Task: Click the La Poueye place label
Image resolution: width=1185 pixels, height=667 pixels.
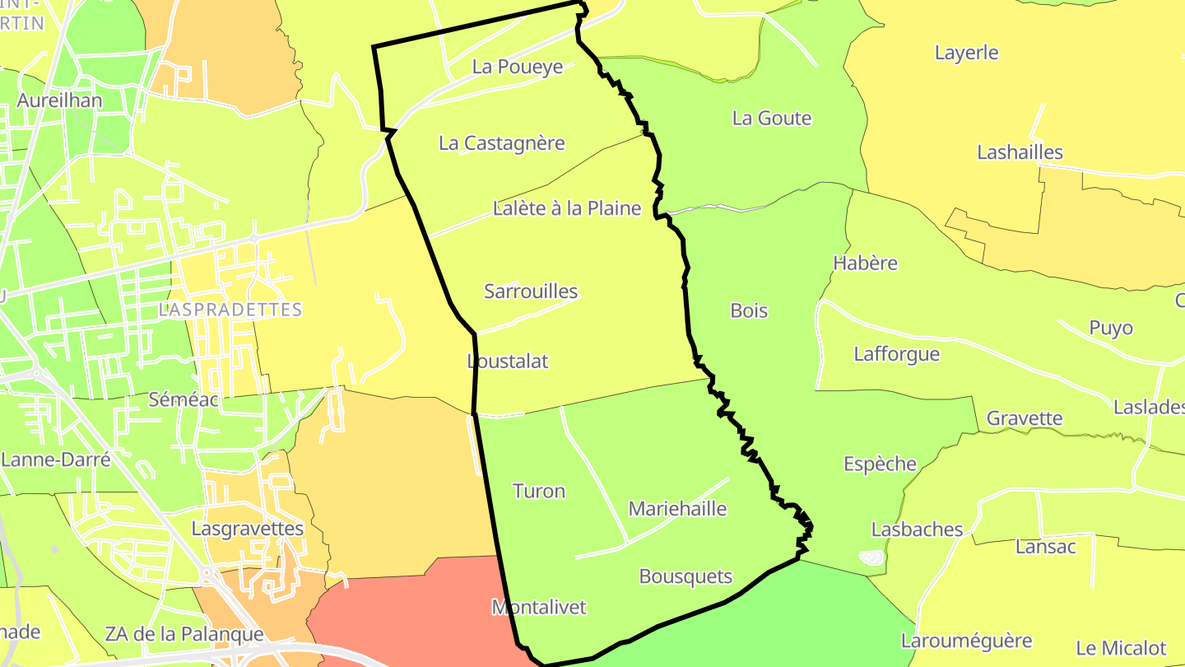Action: (517, 67)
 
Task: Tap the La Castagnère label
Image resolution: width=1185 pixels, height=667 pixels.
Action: (501, 143)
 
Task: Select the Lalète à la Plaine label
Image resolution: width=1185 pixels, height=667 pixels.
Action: (566, 208)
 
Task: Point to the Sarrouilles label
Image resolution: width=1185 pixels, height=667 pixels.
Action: (531, 292)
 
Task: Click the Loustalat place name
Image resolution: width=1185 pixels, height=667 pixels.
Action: (508, 361)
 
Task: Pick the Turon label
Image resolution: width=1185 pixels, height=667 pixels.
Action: (539, 492)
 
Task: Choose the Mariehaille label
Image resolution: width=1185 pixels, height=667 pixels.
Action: (677, 509)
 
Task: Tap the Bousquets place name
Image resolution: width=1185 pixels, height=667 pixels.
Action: (685, 576)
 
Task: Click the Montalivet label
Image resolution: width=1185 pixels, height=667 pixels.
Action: (539, 608)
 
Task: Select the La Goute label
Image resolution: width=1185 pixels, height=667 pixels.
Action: (771, 119)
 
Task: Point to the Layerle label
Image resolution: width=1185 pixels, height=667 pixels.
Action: (966, 53)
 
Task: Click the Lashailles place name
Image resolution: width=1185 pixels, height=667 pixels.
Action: (1020, 152)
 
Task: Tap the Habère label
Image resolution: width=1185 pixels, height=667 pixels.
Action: (865, 264)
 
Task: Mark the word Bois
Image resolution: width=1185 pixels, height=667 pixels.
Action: (749, 310)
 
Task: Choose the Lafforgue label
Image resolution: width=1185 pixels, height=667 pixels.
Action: (896, 354)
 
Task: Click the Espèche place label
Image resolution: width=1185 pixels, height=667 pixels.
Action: (880, 464)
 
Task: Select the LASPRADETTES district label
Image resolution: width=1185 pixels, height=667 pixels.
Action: (230, 310)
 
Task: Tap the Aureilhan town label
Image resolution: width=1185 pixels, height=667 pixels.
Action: (59, 101)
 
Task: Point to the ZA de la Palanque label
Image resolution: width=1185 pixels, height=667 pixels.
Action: (184, 634)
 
